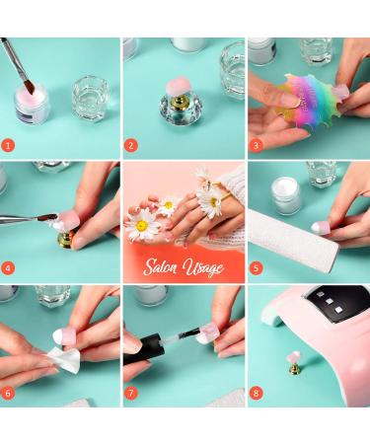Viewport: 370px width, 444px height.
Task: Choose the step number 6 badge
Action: (x=10, y=393)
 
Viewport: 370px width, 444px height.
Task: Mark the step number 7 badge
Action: (x=132, y=393)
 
